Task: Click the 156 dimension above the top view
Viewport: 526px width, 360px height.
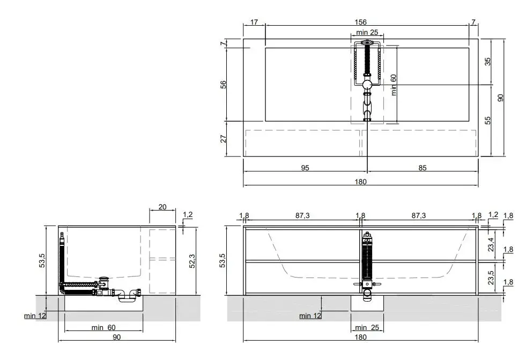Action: click(x=361, y=22)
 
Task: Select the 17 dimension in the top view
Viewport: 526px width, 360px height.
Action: click(x=254, y=22)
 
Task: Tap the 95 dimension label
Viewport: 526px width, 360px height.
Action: click(x=305, y=168)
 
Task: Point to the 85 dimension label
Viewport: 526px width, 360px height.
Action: click(x=423, y=168)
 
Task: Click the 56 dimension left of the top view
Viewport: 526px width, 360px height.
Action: click(x=223, y=85)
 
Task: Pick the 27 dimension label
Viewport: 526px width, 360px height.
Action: click(x=223, y=138)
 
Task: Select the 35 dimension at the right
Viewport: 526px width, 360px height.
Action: click(x=488, y=62)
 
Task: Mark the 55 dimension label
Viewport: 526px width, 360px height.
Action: click(x=488, y=120)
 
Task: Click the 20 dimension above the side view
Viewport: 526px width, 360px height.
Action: click(x=162, y=207)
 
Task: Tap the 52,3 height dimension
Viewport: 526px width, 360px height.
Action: click(x=192, y=260)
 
